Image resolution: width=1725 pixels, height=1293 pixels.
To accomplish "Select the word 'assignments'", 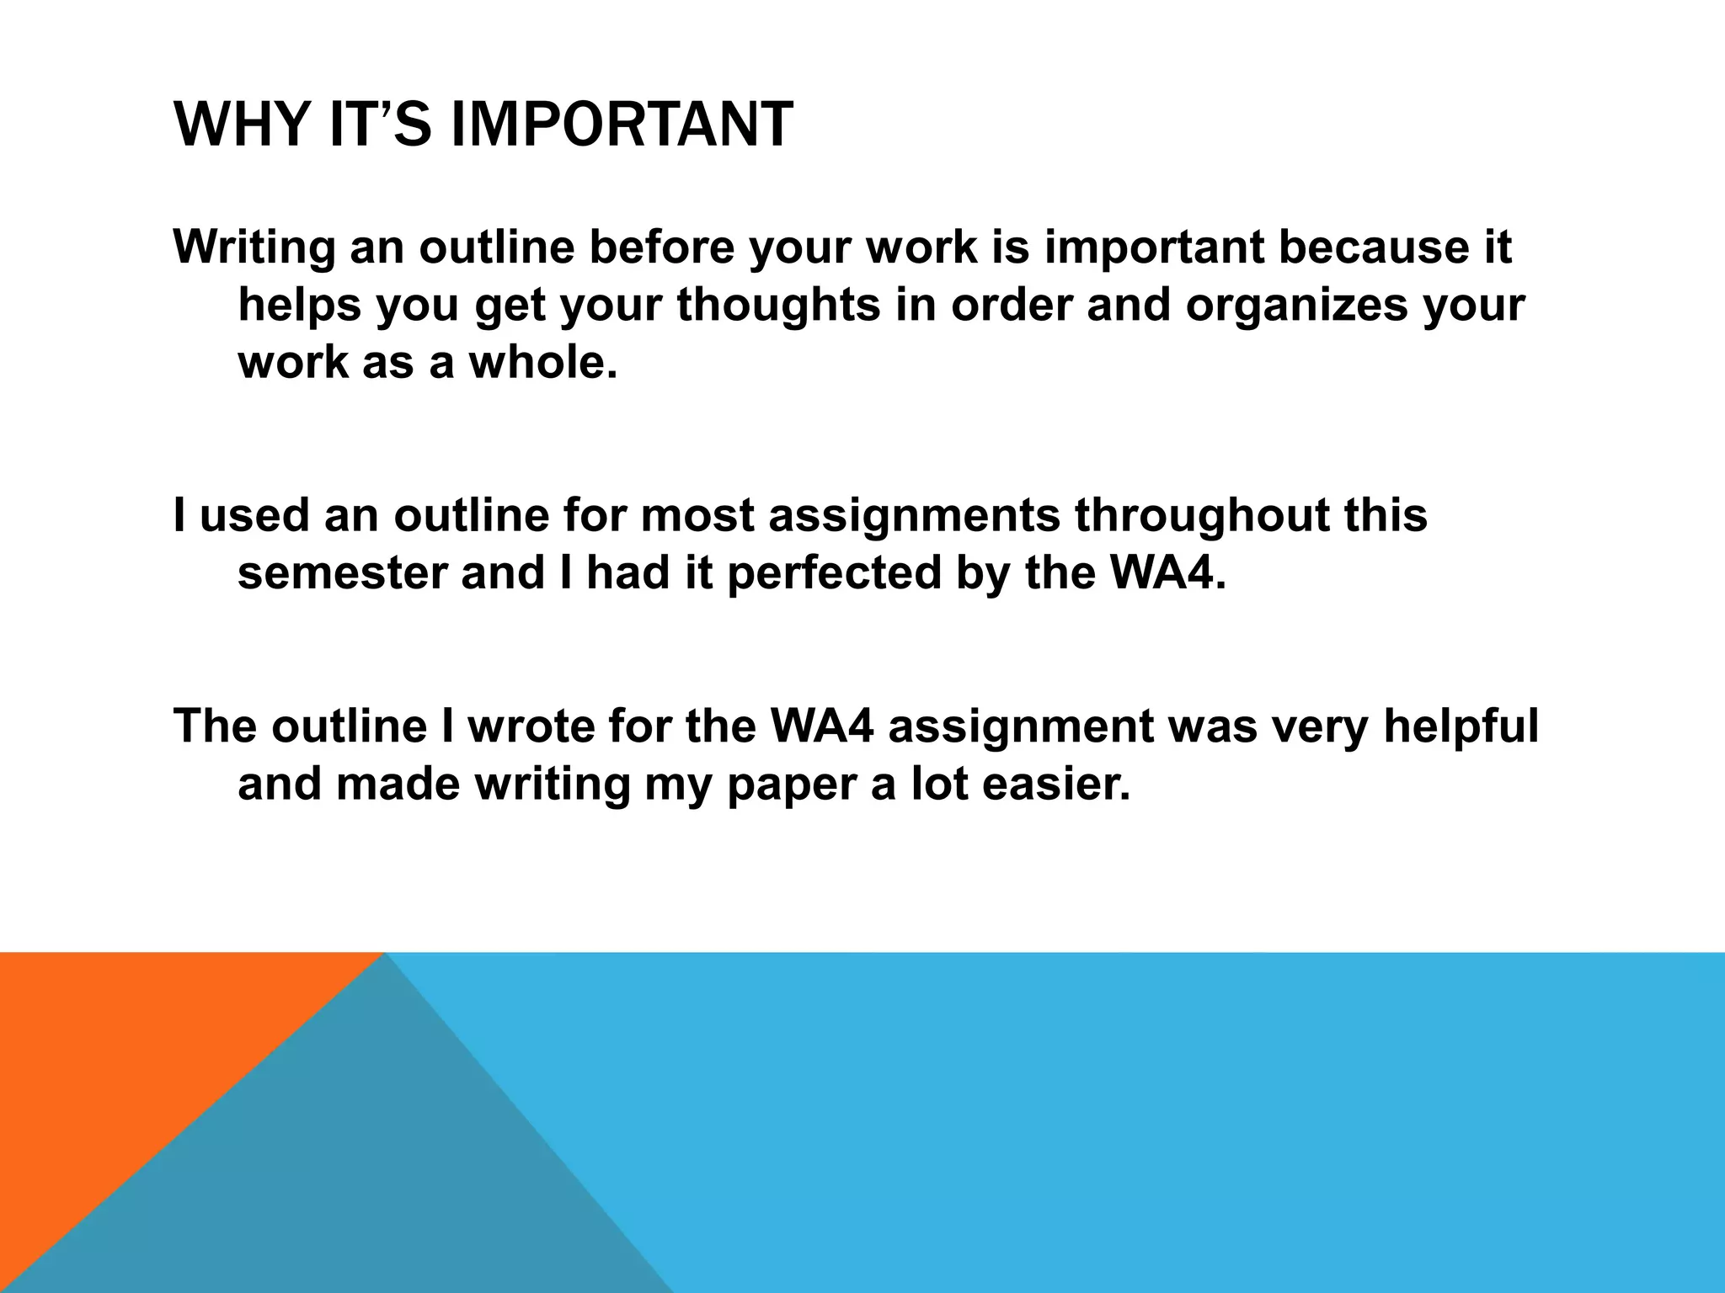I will pyautogui.click(x=914, y=516).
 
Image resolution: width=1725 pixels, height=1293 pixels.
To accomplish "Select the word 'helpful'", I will pyautogui.click(x=1461, y=725).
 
